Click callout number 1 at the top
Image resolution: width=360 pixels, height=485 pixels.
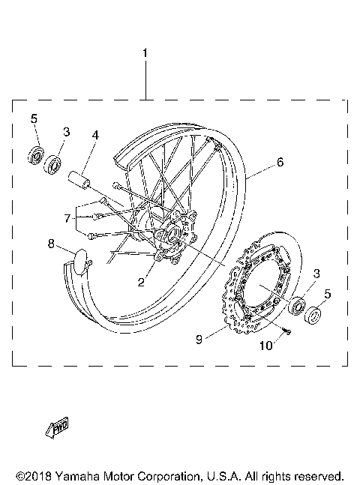[x=145, y=54]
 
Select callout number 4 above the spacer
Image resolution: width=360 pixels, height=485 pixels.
[x=95, y=136]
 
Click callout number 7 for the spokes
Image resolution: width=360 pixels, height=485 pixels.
[x=67, y=218]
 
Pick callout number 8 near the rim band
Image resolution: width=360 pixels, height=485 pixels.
[x=51, y=243]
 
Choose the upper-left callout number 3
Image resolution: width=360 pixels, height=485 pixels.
[x=66, y=133]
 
